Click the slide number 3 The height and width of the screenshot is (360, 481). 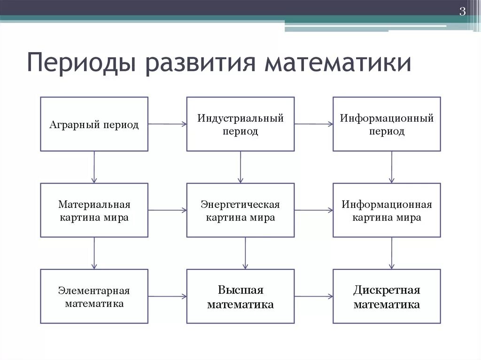(x=462, y=12)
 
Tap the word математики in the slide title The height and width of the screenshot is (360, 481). (x=338, y=64)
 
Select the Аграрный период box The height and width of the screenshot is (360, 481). (x=94, y=124)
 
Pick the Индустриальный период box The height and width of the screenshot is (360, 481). (x=240, y=124)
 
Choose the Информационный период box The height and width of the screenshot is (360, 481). (x=387, y=124)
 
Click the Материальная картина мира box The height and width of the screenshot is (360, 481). (x=94, y=211)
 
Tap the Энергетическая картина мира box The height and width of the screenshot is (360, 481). (x=240, y=211)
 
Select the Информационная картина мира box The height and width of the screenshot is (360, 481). (x=387, y=211)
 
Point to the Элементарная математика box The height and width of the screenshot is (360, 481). (x=94, y=297)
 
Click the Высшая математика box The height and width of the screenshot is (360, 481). (x=240, y=297)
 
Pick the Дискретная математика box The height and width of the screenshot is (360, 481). (x=387, y=297)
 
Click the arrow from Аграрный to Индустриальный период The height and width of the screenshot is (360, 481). (x=167, y=124)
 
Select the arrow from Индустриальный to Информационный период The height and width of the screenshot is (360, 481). (x=314, y=124)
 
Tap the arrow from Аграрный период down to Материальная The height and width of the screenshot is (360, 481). (x=94, y=167)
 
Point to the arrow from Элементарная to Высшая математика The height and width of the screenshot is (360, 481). (x=167, y=296)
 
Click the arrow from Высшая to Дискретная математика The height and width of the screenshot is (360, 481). (x=314, y=296)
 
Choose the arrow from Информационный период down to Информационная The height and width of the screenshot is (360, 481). (x=392, y=167)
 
